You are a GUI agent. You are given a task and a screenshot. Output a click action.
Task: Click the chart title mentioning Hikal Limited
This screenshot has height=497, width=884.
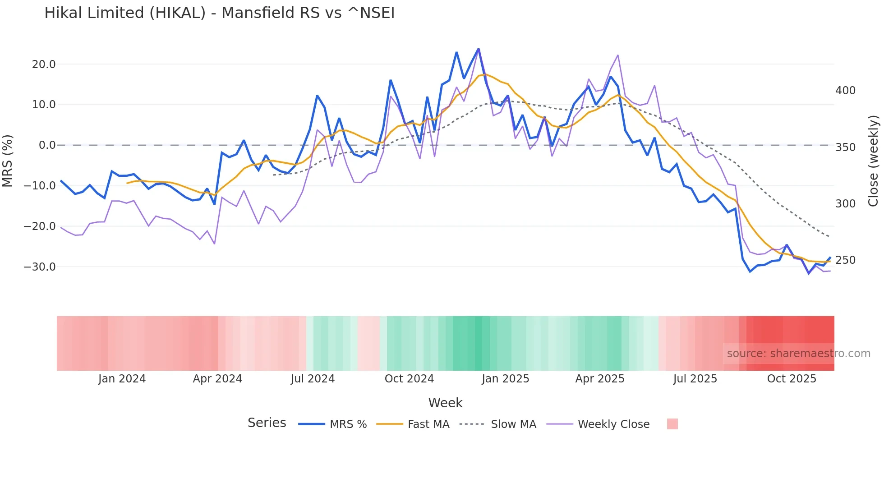point(219,13)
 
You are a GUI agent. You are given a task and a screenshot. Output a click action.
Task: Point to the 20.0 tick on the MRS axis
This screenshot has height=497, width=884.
point(44,64)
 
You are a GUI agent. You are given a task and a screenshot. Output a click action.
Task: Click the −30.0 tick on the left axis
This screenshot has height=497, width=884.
point(40,267)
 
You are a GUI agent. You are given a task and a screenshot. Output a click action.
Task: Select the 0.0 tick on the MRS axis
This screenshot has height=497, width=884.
point(47,145)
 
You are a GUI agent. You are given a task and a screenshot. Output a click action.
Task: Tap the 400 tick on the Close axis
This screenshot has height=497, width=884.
point(845,91)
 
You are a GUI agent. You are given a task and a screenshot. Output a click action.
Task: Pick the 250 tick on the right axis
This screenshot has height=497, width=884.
point(845,260)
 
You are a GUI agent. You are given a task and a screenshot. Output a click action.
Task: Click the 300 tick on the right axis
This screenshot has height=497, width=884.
point(845,204)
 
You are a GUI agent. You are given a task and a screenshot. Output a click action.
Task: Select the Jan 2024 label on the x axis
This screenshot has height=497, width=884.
point(122,379)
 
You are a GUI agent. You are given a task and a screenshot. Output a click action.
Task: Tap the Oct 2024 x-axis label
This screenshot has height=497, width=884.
point(409,379)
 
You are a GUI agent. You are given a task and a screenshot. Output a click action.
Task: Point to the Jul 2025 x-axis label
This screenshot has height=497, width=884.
point(695,379)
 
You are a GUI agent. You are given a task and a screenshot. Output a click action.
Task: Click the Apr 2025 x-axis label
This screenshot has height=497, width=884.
point(600,379)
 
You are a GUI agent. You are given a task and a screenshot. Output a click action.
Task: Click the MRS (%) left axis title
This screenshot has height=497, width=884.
point(7,161)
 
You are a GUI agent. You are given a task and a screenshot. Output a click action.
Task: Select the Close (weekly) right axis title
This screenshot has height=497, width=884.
point(873,161)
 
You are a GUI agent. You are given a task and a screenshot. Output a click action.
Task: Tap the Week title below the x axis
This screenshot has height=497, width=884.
point(445,403)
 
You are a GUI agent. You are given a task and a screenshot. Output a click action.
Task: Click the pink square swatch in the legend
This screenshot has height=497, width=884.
point(672,424)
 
